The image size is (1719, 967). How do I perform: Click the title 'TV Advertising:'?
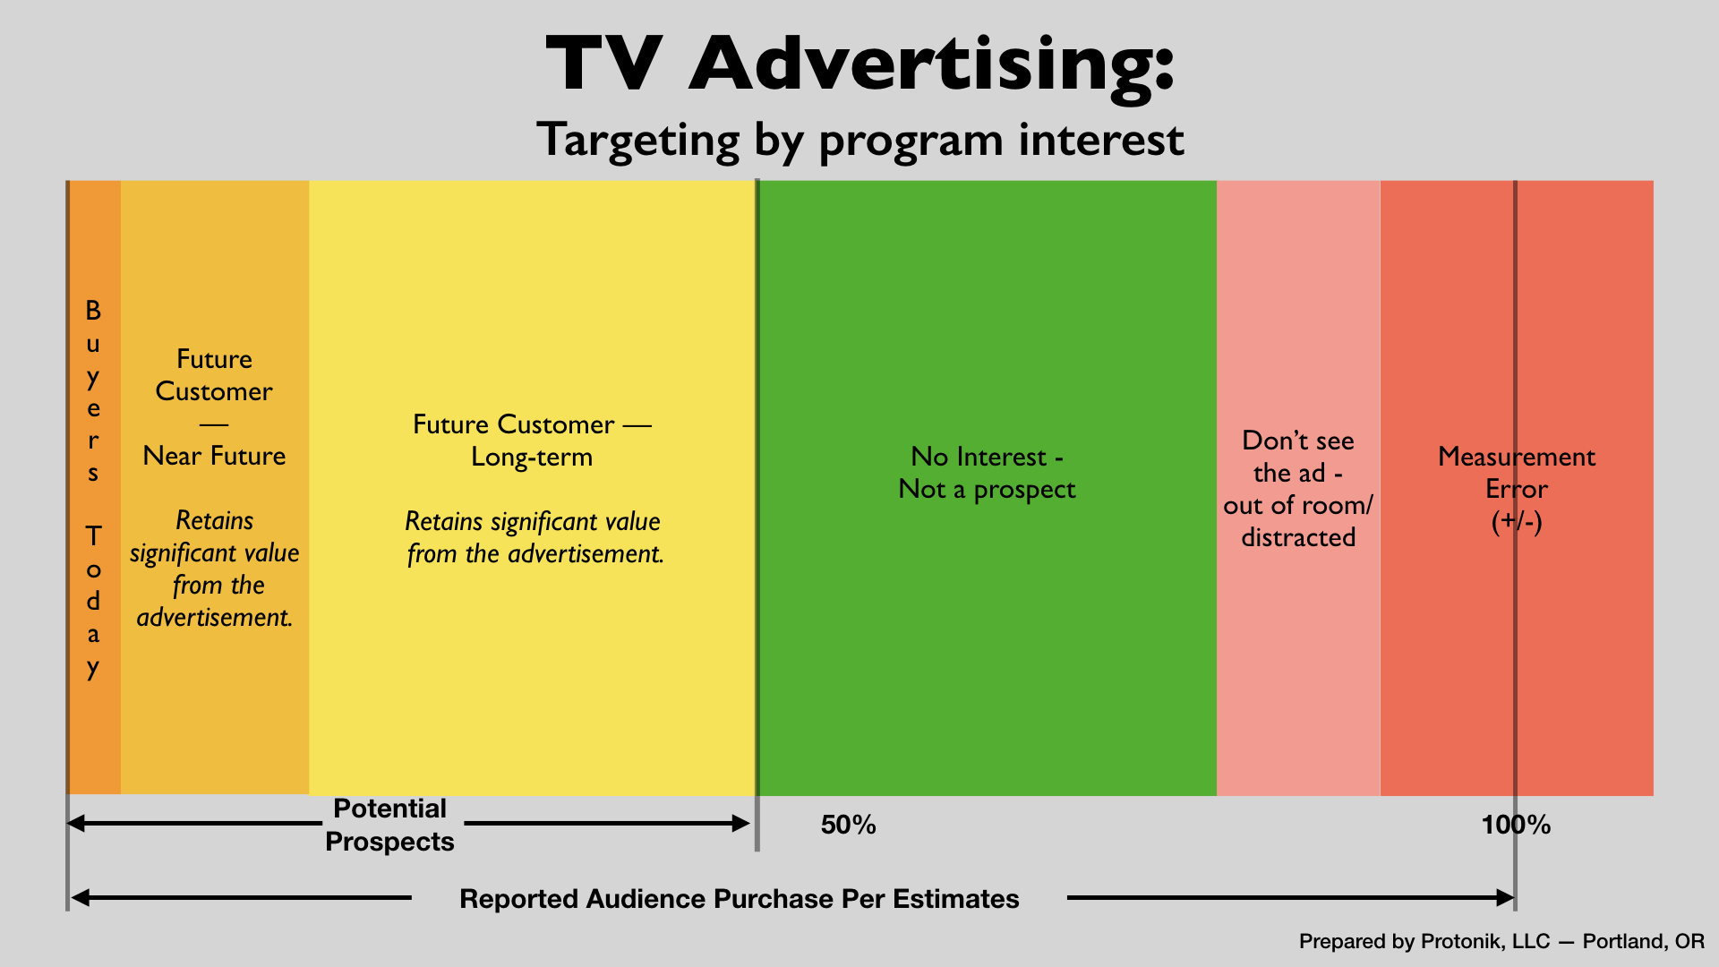859,64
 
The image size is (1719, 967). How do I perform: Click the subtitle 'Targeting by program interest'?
860,141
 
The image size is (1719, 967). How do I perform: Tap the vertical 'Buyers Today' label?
93,489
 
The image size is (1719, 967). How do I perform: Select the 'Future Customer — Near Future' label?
215,407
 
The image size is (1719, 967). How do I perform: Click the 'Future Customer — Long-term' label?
532,441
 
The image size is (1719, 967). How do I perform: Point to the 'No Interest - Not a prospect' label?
987,473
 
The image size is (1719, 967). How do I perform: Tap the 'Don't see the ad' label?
1298,489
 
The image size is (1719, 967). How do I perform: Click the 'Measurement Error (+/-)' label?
1517,489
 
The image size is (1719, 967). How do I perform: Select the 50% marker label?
849,825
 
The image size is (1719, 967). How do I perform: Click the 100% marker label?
1516,825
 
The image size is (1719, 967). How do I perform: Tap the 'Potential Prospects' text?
389,825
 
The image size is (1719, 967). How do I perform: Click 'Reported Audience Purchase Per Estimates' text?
740,899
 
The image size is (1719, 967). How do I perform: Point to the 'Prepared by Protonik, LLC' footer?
1424,941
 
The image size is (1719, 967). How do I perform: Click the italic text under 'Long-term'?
535,537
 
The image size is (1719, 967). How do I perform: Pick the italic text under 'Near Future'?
215,569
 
